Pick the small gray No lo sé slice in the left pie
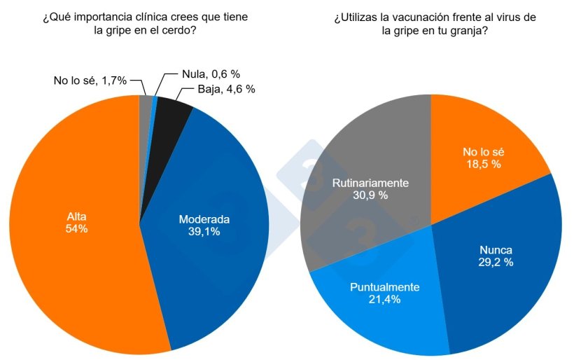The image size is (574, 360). click(x=145, y=105)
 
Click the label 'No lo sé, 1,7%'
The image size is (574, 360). click(x=90, y=81)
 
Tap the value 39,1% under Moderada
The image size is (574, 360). click(x=204, y=231)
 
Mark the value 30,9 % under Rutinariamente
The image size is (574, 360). click(x=370, y=195)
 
